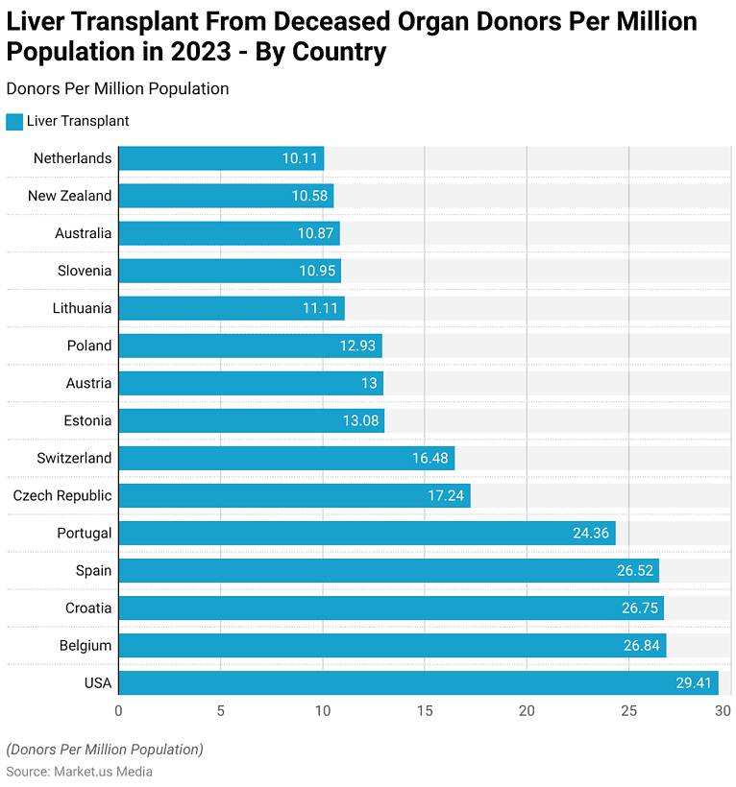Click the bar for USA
[x=418, y=682]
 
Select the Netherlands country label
[x=72, y=158]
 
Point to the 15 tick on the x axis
[x=425, y=711]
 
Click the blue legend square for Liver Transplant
[x=14, y=122]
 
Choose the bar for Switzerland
[x=286, y=458]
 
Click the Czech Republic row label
[x=62, y=495]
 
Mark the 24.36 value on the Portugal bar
[x=591, y=533]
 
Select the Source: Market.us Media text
[x=80, y=772]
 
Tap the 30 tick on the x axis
[x=724, y=711]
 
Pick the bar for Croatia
[x=391, y=608]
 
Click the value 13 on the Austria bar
[x=368, y=383]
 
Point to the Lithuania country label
[x=83, y=308]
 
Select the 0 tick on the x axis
[x=118, y=711]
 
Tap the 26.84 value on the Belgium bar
[x=641, y=645]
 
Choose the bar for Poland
[x=250, y=346]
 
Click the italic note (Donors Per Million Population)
[x=105, y=750]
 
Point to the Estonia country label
[x=87, y=420]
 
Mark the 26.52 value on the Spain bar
[x=635, y=570]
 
